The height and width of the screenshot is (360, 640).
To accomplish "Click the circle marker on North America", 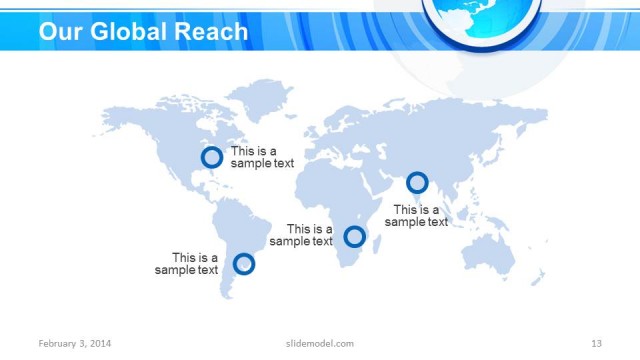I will pyautogui.click(x=211, y=157).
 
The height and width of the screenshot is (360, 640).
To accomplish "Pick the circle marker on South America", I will pyautogui.click(x=243, y=264).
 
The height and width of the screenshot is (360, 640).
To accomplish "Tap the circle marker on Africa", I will pyautogui.click(x=354, y=237).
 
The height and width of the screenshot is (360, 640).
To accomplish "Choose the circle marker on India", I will pyautogui.click(x=417, y=183).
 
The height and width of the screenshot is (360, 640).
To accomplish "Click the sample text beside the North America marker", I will pyautogui.click(x=262, y=157).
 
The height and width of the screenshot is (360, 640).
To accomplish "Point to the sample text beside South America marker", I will pyautogui.click(x=186, y=264).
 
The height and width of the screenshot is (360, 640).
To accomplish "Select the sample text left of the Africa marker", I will pyautogui.click(x=301, y=235).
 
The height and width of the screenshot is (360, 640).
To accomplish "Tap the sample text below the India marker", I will pyautogui.click(x=416, y=216).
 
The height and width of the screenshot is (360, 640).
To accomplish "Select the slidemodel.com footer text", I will pyautogui.click(x=313, y=344).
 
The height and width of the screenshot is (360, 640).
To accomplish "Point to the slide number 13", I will pyautogui.click(x=596, y=344).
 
